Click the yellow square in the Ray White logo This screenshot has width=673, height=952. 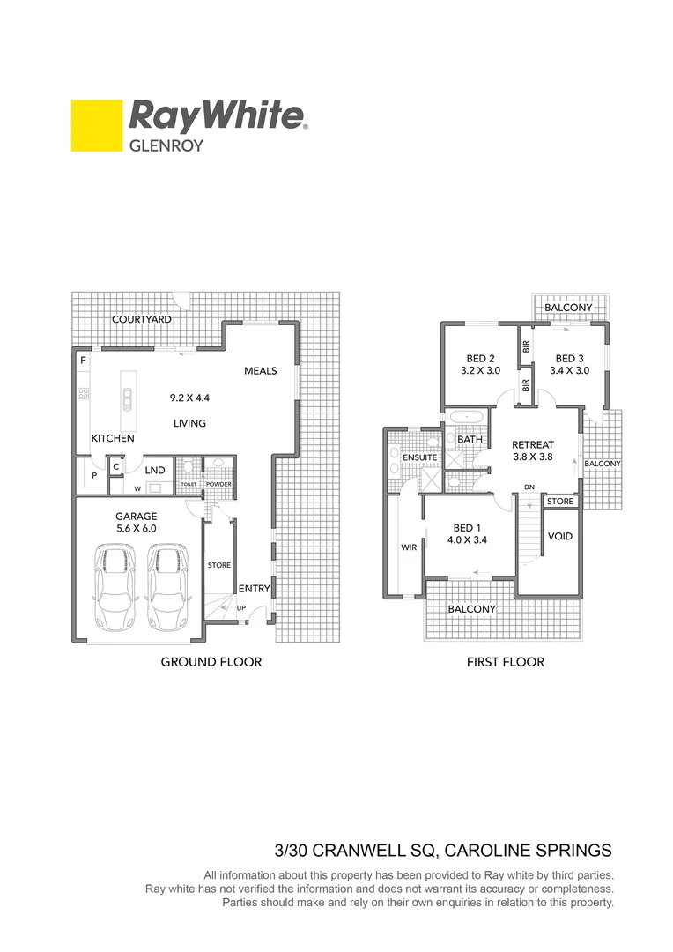point(96,125)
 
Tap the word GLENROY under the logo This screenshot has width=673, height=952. point(166,145)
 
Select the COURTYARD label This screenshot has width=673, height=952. point(141,319)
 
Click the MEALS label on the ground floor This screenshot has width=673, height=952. point(261,371)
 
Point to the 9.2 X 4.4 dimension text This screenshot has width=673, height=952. point(189,398)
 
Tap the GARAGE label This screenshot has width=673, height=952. point(137,517)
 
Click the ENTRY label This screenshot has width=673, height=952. point(255,589)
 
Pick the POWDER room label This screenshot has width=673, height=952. point(218,484)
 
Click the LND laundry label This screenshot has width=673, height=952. point(156,471)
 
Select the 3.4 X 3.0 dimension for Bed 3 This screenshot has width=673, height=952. point(569,371)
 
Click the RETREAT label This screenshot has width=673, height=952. point(533,444)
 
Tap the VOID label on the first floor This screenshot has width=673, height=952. point(560,536)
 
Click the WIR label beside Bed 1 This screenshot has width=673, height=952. point(409,547)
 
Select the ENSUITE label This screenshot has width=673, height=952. point(420,458)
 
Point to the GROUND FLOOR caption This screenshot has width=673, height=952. point(211,661)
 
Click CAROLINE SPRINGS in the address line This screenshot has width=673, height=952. point(527,851)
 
